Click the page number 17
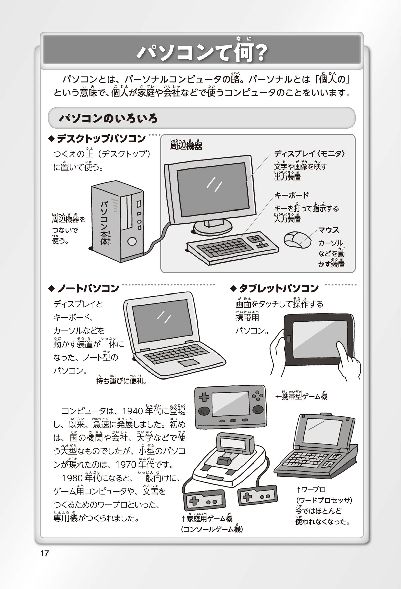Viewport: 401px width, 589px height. pyautogui.click(x=44, y=553)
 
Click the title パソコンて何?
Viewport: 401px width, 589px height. pyautogui.click(x=202, y=52)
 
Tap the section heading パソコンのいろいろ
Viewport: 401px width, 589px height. pyautogui.click(x=108, y=118)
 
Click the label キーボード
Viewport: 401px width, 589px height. pyautogui.click(x=291, y=195)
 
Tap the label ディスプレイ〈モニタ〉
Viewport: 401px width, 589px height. pyautogui.click(x=309, y=154)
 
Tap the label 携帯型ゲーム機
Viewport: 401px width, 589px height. pyautogui.click(x=304, y=397)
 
